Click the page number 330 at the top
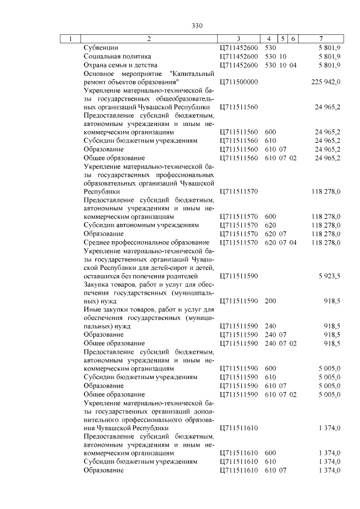(x=196, y=26)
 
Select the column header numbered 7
(x=320, y=39)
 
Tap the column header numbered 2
(x=148, y=39)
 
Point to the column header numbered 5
(x=283, y=39)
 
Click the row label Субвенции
(x=101, y=48)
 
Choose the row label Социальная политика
(x=117, y=57)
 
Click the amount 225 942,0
(x=326, y=82)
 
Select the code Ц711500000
(x=238, y=82)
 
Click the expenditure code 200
(x=270, y=301)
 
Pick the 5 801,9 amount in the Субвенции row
(x=329, y=48)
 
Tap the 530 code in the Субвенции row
(x=270, y=48)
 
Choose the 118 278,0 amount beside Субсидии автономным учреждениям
(x=326, y=225)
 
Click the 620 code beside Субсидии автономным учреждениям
(x=270, y=225)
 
